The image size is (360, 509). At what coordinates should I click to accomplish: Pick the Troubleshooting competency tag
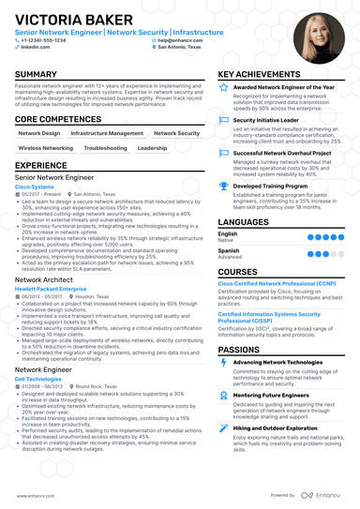pos(104,148)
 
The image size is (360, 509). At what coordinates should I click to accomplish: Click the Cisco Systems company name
pos(36,187)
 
